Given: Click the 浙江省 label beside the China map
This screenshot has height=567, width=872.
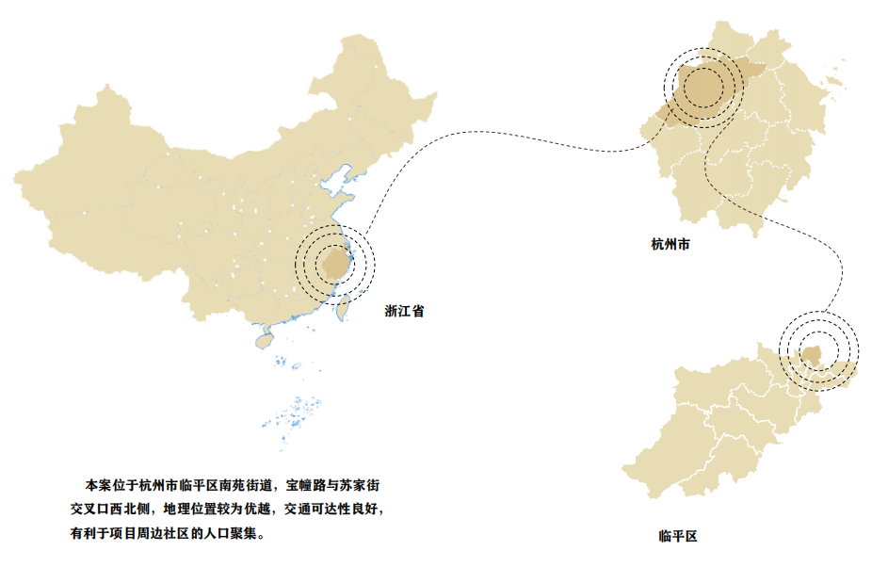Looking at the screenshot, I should (x=404, y=311).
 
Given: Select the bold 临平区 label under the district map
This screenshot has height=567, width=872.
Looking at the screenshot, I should (x=678, y=537).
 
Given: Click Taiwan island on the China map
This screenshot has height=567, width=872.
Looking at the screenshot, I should (x=344, y=306).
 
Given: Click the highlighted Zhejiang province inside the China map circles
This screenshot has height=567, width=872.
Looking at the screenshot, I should (x=333, y=262).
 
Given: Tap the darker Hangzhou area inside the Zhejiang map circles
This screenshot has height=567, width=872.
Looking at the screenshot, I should (x=702, y=88).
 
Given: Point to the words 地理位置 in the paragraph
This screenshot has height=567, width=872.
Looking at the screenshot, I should (x=189, y=510).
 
